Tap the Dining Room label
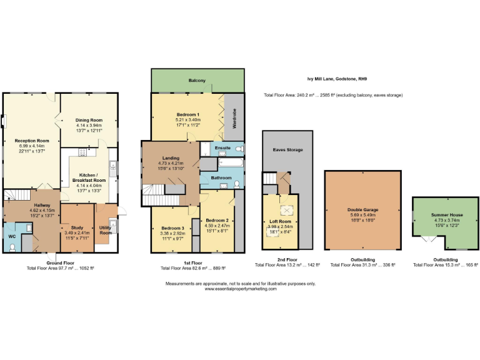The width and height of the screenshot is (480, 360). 87,120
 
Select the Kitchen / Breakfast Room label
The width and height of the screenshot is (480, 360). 86,178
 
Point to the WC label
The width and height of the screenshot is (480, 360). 12,236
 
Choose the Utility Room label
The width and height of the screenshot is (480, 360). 106,230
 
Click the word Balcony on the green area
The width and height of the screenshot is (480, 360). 197,81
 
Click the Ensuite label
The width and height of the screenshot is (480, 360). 223,148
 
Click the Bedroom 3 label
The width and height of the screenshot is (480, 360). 167,229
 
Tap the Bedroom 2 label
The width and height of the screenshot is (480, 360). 216,221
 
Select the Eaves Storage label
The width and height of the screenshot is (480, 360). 287,151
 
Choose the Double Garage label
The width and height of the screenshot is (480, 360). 362,210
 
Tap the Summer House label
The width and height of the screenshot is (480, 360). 444,214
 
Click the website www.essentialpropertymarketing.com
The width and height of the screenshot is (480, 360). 241,289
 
